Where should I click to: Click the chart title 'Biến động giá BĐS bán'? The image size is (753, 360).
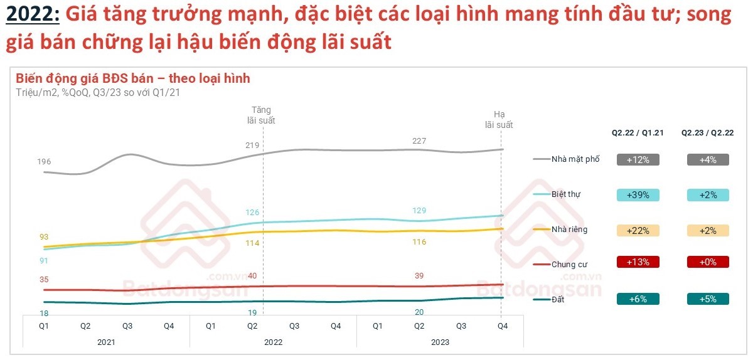tap(132, 78)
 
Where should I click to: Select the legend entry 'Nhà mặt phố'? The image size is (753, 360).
tap(575, 159)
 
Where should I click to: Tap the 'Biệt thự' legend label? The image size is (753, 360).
tap(565, 194)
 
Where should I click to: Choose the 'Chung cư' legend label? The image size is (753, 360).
tap(569, 265)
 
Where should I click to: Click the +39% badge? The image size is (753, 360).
tap(638, 194)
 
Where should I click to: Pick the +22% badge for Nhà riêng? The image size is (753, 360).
tap(638, 230)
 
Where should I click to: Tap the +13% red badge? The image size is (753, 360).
tap(638, 262)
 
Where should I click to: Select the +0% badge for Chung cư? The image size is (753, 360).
tap(708, 262)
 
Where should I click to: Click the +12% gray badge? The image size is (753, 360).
tap(638, 159)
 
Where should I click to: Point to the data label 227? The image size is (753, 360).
tap(419, 141)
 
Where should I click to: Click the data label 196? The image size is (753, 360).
tap(44, 162)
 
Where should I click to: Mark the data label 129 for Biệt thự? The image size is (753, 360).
tap(419, 211)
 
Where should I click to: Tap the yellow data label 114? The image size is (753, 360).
tap(252, 243)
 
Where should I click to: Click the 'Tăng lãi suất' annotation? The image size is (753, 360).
tap(263, 115)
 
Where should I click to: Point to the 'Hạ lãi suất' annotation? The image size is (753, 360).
tap(499, 119)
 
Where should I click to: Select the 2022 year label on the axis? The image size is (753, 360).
tap(273, 342)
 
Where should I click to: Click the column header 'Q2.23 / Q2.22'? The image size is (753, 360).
tap(708, 133)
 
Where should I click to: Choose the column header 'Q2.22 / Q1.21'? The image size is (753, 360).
tap(638, 133)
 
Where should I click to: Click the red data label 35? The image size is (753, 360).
tap(43, 280)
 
